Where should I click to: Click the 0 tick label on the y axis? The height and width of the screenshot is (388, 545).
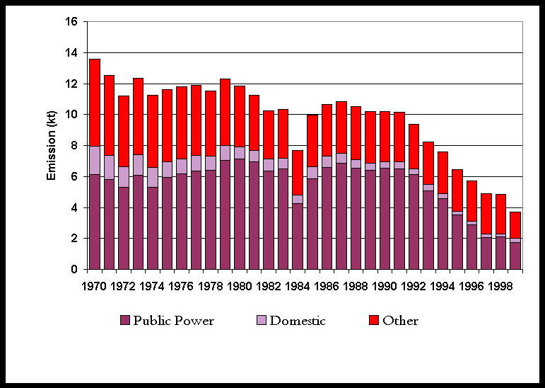[x=74, y=270]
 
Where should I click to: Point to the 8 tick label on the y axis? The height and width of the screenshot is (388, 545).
[x=74, y=146]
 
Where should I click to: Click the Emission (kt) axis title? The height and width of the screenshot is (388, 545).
[x=52, y=145]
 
